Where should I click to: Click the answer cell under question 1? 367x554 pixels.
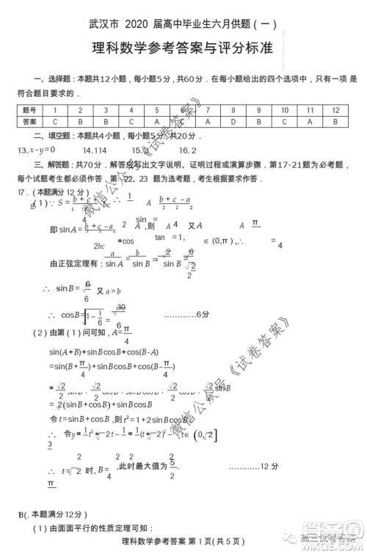click(x=54, y=122)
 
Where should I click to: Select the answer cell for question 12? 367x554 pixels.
click(x=335, y=122)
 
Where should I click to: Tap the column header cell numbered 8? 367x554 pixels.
click(x=233, y=110)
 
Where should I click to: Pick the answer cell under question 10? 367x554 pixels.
click(x=284, y=122)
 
